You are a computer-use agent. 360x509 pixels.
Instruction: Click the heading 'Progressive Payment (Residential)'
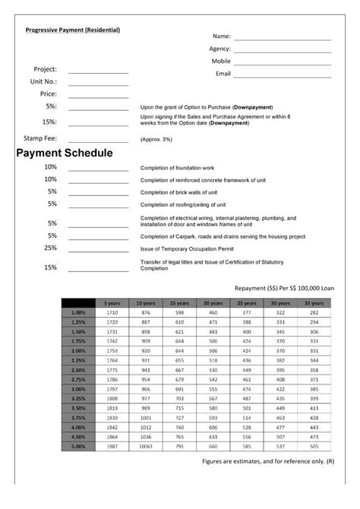73,30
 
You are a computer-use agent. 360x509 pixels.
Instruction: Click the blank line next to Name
283,37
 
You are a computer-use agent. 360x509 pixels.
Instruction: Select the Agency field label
219,49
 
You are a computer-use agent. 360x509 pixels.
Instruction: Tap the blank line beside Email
283,75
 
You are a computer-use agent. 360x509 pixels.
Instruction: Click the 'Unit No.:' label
43,81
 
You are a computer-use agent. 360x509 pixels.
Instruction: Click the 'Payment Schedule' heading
65,153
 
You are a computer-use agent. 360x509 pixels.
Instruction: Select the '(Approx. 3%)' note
156,140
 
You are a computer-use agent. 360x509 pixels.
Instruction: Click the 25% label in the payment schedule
51,248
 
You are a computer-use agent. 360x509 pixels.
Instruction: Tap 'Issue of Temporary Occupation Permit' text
188,249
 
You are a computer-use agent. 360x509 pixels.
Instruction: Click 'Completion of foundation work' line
178,167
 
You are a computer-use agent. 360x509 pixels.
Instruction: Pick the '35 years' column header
314,303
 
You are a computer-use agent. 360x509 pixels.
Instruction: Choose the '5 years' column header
112,303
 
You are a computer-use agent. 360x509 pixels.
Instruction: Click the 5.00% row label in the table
78,446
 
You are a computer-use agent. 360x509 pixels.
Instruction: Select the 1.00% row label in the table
78,312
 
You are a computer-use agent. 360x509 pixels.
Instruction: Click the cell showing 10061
146,446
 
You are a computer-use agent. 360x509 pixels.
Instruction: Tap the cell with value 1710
112,312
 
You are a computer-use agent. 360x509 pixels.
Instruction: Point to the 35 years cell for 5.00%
314,446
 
